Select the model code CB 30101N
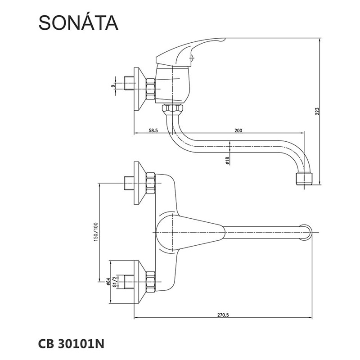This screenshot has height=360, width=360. tap(71, 344)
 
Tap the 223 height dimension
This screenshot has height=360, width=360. tap(317, 111)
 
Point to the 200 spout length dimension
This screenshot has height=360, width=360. tap(238, 130)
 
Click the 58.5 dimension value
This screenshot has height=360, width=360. tap(153, 130)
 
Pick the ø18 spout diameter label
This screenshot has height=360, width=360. tap(227, 160)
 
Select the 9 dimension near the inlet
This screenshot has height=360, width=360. tap(112, 86)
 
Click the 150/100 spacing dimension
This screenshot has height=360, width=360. tap(96, 231)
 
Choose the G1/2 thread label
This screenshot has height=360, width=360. tap(115, 282)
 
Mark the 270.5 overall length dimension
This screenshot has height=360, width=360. tap(223, 315)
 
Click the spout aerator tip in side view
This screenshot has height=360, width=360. tap(304, 179)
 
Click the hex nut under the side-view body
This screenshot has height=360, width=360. tap(172, 108)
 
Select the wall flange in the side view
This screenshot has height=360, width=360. tap(140, 89)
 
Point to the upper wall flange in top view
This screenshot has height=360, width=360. tap(140, 183)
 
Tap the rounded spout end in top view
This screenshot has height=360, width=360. tap(306, 232)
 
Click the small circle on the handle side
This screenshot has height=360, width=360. tap(192, 58)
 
